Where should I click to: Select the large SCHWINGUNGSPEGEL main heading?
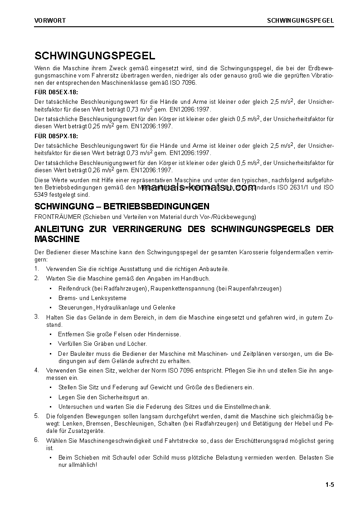[x=95, y=56]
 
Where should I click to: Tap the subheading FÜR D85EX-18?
[x=56, y=92]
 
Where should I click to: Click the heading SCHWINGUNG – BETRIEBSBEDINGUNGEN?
[x=122, y=207]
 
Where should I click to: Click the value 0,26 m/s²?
[x=101, y=170]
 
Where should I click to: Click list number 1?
[x=36, y=269]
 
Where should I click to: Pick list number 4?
[x=36, y=370]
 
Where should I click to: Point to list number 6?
[x=36, y=440]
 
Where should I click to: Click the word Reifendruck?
[x=73, y=288]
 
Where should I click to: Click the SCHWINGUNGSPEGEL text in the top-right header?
[x=301, y=20]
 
